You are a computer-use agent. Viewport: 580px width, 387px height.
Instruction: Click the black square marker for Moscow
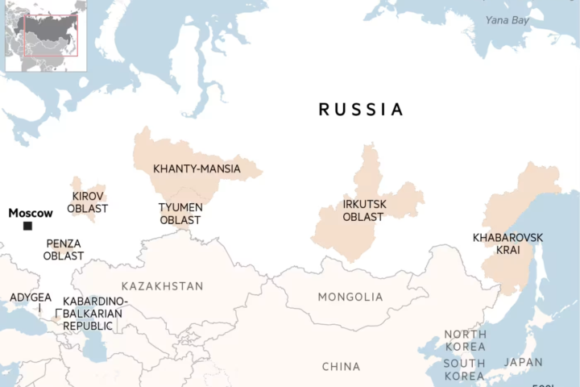click(27, 227)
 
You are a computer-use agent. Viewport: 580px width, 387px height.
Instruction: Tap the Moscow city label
click(31, 214)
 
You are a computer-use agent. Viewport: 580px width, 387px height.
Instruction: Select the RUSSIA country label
click(361, 110)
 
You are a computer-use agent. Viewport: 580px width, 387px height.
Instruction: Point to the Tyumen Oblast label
click(180, 214)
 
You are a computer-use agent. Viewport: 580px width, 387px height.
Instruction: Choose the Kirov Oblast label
click(87, 202)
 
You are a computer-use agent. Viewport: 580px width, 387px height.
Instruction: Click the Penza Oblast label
click(64, 250)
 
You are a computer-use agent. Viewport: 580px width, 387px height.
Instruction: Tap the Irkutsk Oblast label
click(364, 210)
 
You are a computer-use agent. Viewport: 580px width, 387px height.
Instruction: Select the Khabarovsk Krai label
click(507, 243)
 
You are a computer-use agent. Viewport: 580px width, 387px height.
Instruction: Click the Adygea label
click(31, 298)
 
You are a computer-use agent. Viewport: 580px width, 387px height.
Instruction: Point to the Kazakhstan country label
click(162, 286)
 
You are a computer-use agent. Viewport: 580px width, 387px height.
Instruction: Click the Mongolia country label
click(350, 298)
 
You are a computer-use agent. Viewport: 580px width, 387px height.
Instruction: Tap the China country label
click(341, 367)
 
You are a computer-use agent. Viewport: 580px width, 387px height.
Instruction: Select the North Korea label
click(465, 341)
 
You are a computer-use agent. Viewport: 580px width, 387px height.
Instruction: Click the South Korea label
click(464, 369)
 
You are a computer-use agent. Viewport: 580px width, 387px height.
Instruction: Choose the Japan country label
click(524, 363)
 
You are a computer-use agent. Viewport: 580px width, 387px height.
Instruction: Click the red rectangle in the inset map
click(51, 35)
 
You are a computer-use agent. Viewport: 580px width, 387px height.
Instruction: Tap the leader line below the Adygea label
click(39, 309)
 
